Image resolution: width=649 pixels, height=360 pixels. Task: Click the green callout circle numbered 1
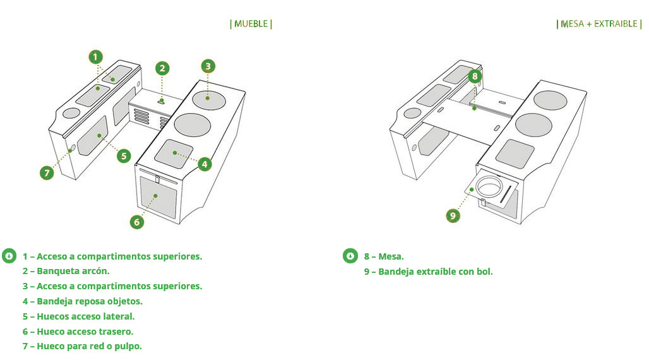pyautogui.click(x=95, y=57)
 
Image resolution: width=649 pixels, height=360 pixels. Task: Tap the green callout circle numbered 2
pyautogui.click(x=162, y=68)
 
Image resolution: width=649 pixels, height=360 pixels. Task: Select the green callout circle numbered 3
pyautogui.click(x=208, y=66)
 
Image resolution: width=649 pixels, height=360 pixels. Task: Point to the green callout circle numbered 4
pyautogui.click(x=204, y=164)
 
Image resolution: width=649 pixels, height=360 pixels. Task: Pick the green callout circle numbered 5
pyautogui.click(x=124, y=155)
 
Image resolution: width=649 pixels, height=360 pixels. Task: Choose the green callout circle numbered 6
pyautogui.click(x=137, y=222)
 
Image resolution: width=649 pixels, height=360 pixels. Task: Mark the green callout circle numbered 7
pyautogui.click(x=46, y=172)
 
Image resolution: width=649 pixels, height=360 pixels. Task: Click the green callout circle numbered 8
pyautogui.click(x=475, y=76)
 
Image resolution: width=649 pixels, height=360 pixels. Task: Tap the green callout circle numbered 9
pyautogui.click(x=453, y=216)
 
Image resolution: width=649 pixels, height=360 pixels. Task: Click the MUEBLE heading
pyautogui.click(x=251, y=24)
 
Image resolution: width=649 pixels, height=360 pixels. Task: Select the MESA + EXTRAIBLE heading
pyautogui.click(x=598, y=24)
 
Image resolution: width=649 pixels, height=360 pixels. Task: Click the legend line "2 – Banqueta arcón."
pyautogui.click(x=66, y=271)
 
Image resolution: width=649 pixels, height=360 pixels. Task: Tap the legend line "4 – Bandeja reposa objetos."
pyautogui.click(x=83, y=301)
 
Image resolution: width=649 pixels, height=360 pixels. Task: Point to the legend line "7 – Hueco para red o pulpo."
pyautogui.click(x=82, y=346)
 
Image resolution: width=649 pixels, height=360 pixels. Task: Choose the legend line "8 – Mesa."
pyautogui.click(x=384, y=256)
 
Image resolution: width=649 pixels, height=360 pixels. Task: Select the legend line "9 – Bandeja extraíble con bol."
pyautogui.click(x=428, y=272)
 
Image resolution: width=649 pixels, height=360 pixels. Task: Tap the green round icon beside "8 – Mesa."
pyautogui.click(x=350, y=256)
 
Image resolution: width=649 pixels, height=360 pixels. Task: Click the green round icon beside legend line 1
pyautogui.click(x=9, y=256)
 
